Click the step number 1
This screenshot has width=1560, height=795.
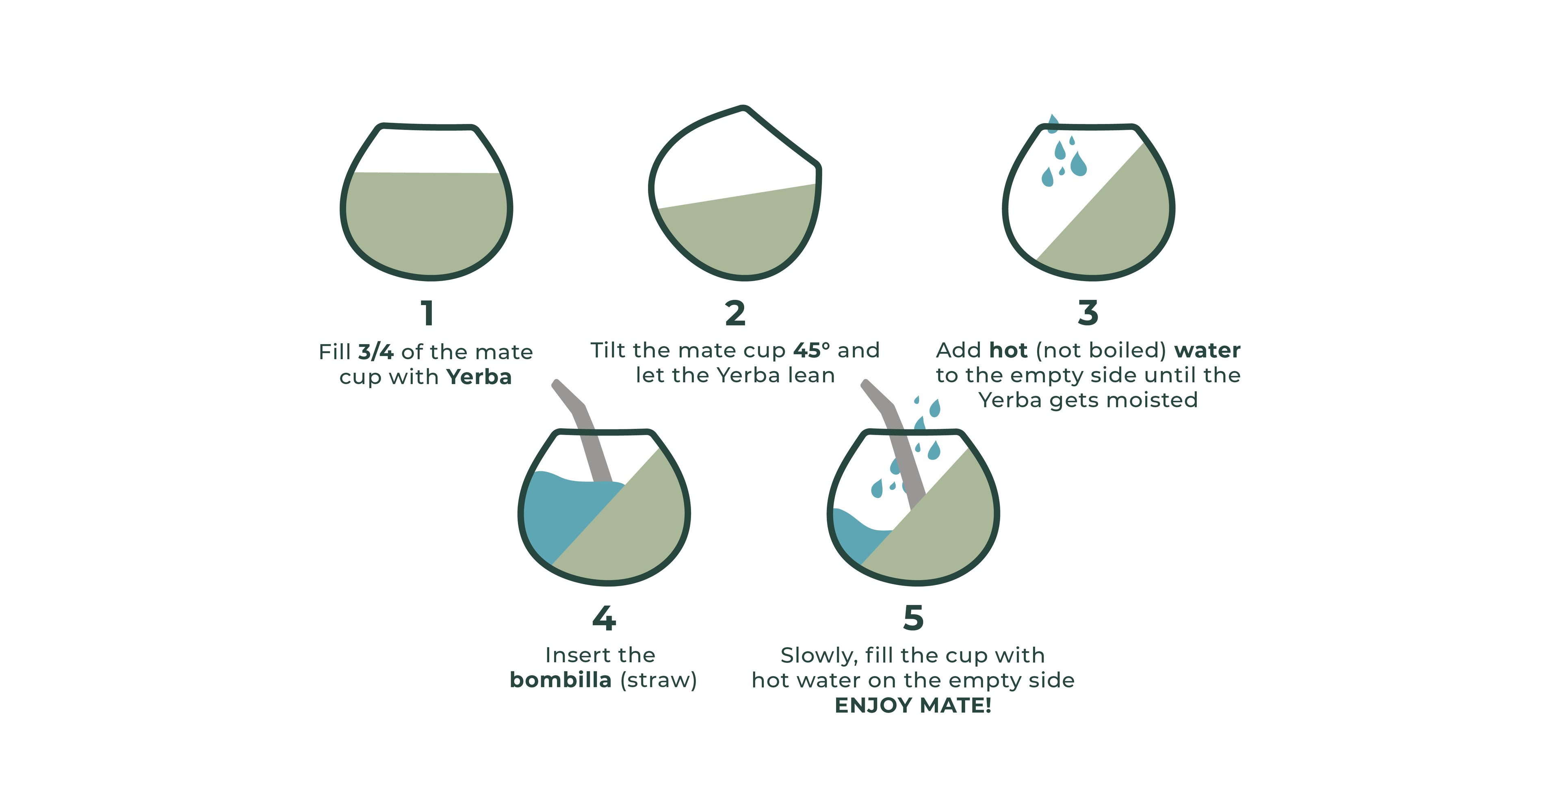coord(427,313)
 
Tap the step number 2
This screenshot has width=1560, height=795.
coord(735,313)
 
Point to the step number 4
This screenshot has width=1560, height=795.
coord(604,618)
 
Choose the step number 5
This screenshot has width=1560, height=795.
coord(913,618)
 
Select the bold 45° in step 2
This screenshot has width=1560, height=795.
coord(812,350)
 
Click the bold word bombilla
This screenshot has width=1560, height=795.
coord(560,680)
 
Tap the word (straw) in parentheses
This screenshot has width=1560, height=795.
coord(658,680)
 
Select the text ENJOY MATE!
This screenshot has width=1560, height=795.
coord(913,705)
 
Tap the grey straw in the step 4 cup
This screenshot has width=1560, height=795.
coord(586,433)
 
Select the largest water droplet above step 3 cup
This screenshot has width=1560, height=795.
coord(1078,164)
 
